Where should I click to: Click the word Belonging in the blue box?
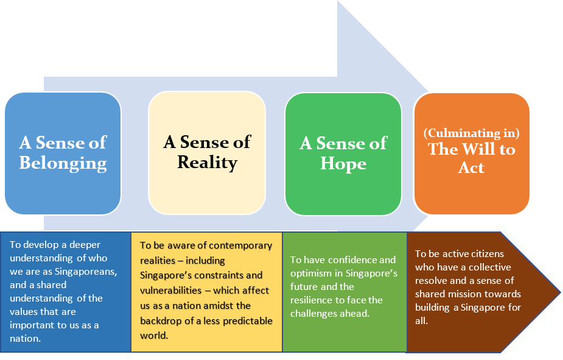pos(63,163)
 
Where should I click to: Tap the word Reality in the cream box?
pos(207,163)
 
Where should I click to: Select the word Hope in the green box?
pos(343,164)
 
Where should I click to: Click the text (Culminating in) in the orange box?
pos(472,133)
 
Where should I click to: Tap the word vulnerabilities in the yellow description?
pos(172,290)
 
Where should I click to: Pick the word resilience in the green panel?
pos(313,300)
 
